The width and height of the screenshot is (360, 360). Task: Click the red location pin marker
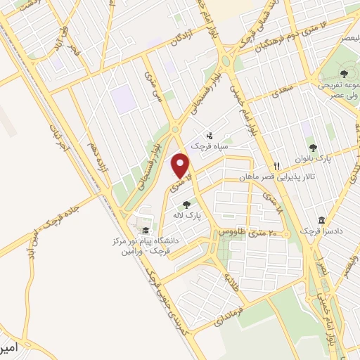(x=181, y=165)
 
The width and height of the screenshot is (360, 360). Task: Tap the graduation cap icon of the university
(x=146, y=230)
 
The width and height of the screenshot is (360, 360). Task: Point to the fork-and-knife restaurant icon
(x=276, y=166)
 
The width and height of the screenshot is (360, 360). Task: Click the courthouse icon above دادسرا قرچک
(x=321, y=221)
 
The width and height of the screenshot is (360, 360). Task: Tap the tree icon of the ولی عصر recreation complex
(x=343, y=73)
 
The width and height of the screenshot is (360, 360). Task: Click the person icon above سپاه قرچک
(x=210, y=135)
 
